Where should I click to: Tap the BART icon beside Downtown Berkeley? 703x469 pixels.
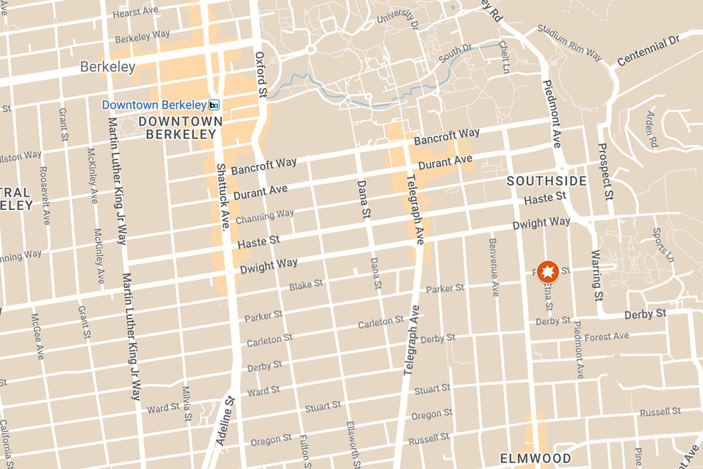pyautogui.click(x=214, y=105)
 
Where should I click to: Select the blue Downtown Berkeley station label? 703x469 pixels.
pyautogui.click(x=154, y=105)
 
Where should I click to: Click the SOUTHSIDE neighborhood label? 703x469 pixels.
pyautogui.click(x=546, y=181)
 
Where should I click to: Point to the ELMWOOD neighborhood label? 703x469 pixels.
pyautogui.click(x=535, y=458)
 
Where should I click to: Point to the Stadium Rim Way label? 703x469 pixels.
pyautogui.click(x=569, y=43)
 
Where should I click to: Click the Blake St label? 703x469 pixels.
pyautogui.click(x=306, y=286)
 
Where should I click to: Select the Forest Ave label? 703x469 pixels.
pyautogui.click(x=606, y=337)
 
